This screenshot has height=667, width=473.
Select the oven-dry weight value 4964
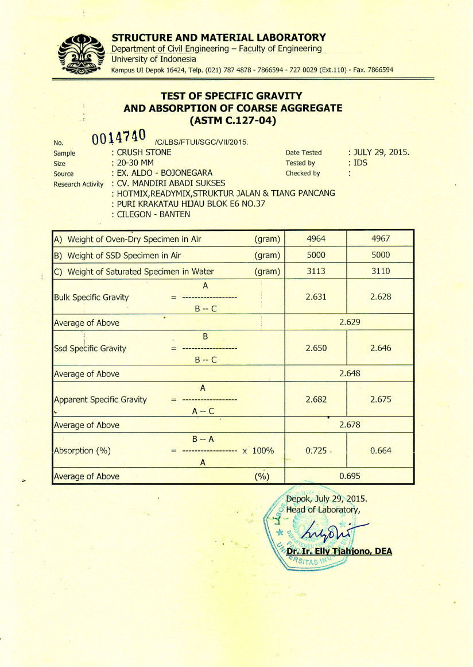click(316, 239)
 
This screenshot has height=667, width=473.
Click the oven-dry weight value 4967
click(381, 239)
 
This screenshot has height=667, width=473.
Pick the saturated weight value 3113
click(316, 271)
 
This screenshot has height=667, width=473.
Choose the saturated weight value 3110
click(381, 271)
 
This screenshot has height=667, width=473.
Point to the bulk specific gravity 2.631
click(316, 297)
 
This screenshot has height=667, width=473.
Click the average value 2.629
click(350, 322)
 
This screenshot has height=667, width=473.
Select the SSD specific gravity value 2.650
click(316, 348)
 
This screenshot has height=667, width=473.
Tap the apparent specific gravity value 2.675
click(381, 399)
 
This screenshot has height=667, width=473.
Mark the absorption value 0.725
click(316, 450)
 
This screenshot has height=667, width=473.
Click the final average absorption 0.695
click(350, 476)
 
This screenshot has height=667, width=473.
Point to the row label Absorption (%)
click(82, 450)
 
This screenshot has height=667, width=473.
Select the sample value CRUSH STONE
click(144, 153)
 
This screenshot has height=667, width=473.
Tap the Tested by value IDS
click(362, 163)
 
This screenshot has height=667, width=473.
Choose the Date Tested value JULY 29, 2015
click(381, 153)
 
